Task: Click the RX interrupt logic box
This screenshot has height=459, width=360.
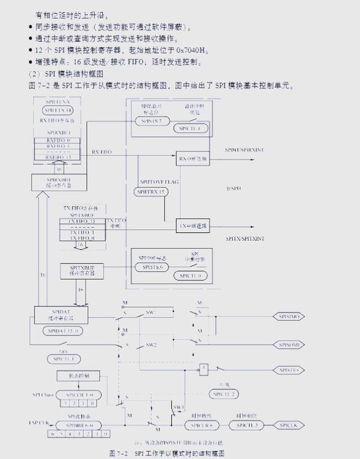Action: (x=193, y=158)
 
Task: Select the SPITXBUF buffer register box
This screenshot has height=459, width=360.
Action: (x=81, y=271)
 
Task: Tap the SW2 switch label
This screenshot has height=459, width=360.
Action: (x=151, y=345)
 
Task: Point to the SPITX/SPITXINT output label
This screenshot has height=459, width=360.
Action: (x=244, y=237)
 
